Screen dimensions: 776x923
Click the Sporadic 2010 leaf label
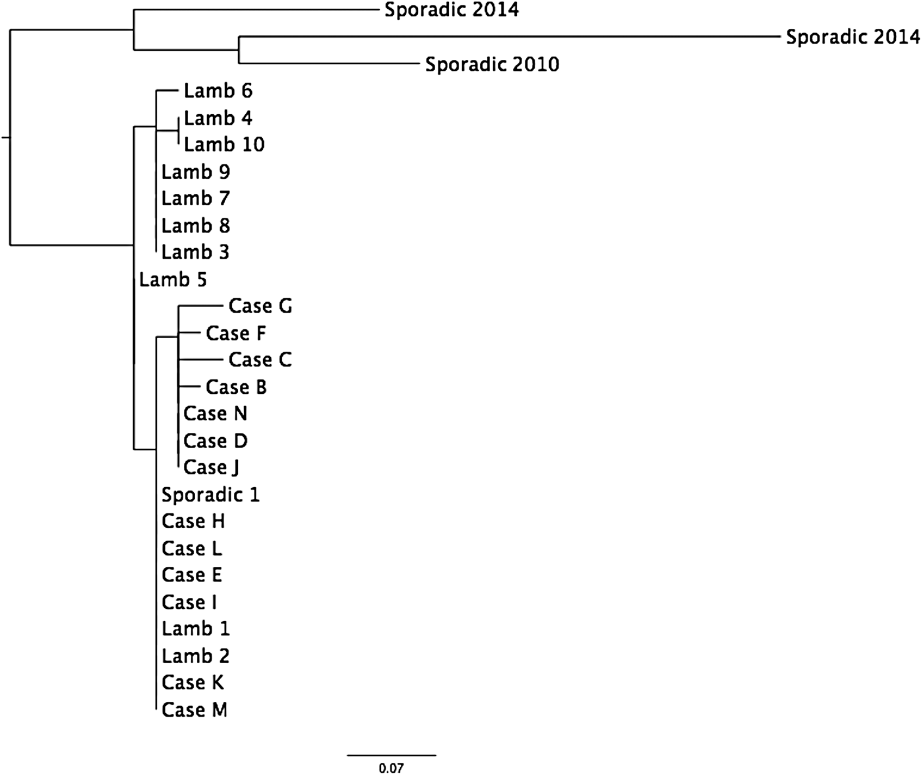pos(492,64)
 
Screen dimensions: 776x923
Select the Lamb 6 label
pos(218,90)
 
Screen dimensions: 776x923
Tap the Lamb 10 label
pos(224,145)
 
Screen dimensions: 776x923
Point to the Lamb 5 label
pos(173,280)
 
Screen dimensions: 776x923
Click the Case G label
pos(260,306)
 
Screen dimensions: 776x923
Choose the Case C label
pos(260,360)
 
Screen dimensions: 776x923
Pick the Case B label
pos(236,387)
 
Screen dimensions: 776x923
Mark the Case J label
pos(211,467)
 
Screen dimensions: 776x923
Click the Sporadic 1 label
pos(210,494)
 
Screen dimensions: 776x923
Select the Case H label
pos(193,521)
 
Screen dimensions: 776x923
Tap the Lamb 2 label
pos(195,656)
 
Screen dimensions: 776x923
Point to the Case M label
pos(194,710)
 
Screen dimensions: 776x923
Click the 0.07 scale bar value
pos(391,768)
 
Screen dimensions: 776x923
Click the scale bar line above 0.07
pos(392,754)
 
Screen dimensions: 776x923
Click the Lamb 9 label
pos(195,172)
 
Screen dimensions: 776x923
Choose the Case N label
pos(215,414)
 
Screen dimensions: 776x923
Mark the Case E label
pos(192,575)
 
